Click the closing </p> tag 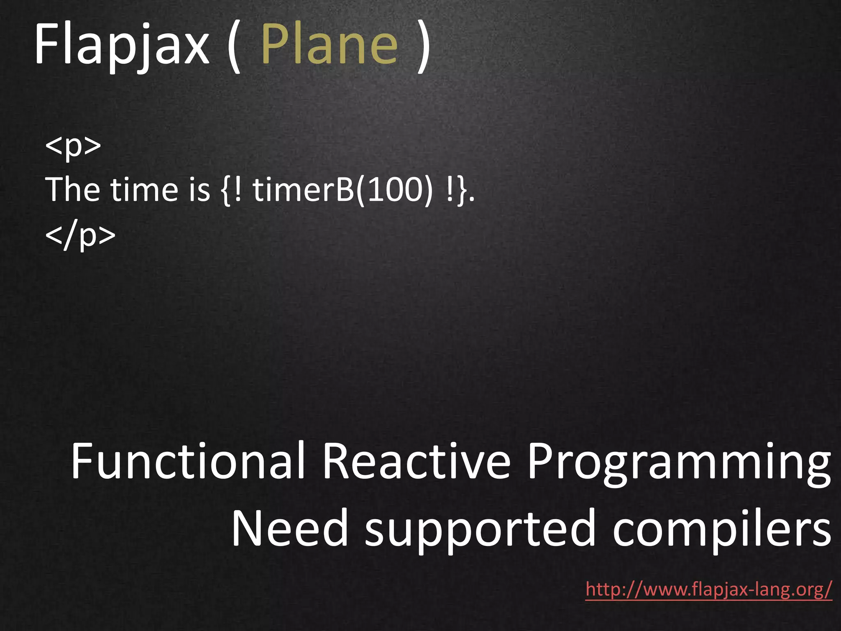tap(80, 235)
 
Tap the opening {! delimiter tap(232, 190)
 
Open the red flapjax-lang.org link tap(708, 590)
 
